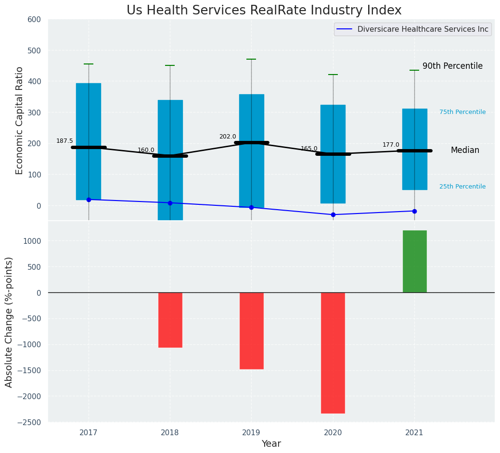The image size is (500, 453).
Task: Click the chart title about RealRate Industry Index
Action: (264, 11)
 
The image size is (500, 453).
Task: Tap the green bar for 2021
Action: (414, 261)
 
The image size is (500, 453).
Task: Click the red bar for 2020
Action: (333, 352)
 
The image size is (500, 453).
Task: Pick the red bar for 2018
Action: (170, 320)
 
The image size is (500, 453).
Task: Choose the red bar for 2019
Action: (251, 330)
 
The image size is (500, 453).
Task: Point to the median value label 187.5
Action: (64, 141)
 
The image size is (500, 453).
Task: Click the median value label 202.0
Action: (228, 137)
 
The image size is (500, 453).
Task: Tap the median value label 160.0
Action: (146, 151)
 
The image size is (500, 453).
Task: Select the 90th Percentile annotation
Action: (452, 66)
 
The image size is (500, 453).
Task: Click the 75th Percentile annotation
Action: (462, 112)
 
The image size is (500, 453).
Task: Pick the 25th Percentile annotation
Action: (462, 187)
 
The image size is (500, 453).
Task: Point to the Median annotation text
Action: (465, 151)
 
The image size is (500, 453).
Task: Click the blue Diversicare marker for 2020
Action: (333, 214)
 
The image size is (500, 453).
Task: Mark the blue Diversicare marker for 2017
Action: (89, 200)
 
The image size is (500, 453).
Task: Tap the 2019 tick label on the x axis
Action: (251, 432)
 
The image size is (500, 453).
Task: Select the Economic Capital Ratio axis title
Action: (20, 120)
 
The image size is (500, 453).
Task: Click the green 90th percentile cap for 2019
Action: (251, 59)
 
